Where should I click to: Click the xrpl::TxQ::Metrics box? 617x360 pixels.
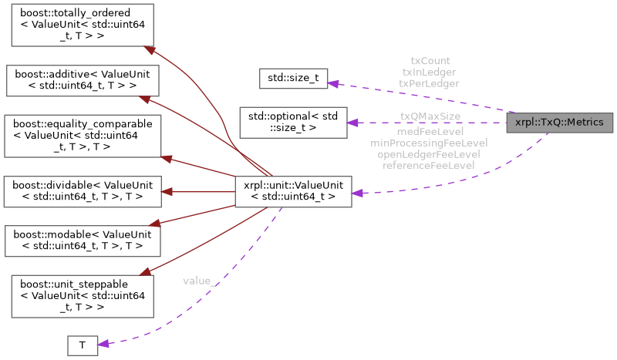coord(559,123)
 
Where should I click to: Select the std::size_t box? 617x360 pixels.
coord(293,78)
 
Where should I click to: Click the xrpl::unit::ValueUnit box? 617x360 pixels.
coord(294,190)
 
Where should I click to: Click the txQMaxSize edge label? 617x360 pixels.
coord(430,116)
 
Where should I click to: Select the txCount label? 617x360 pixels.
coord(430,60)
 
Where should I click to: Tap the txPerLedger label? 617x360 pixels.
coord(430,82)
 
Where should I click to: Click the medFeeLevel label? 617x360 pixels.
coord(429,132)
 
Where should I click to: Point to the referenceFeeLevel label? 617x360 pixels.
coord(429,165)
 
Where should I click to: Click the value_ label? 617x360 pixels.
coord(200,281)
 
